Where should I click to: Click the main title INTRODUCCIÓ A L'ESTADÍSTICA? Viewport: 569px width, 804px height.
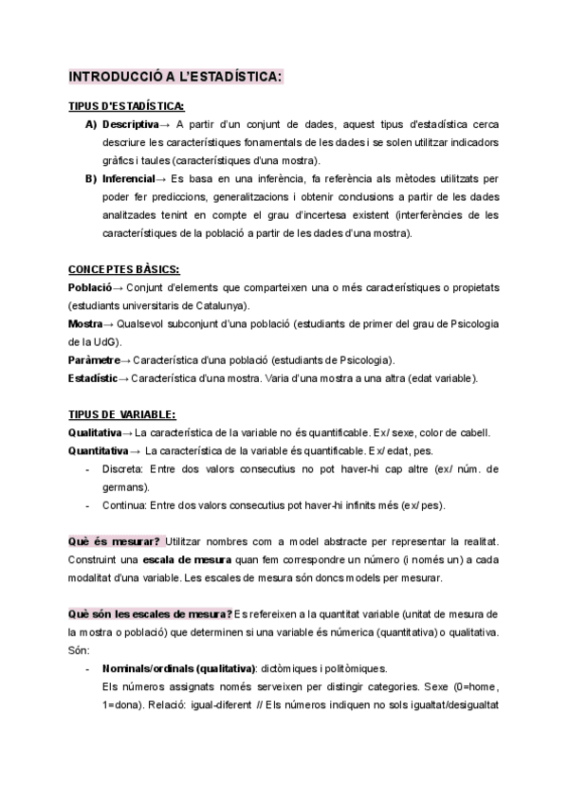(175, 76)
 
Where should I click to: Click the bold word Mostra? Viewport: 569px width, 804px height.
(86, 323)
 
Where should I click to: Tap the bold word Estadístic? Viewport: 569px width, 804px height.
(92, 378)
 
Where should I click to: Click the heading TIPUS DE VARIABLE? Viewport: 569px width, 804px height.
(122, 414)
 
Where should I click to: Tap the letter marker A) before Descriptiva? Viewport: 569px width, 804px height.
(91, 124)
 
